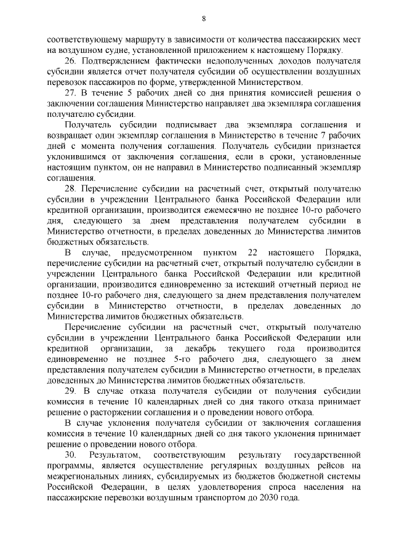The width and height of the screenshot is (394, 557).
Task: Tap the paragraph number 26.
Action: pyautogui.click(x=71, y=63)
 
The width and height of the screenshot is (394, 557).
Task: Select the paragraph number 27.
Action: pyautogui.click(x=71, y=93)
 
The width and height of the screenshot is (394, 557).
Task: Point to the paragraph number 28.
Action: pyautogui.click(x=71, y=183)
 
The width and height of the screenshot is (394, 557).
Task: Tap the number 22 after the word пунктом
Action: pyautogui.click(x=268, y=254)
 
